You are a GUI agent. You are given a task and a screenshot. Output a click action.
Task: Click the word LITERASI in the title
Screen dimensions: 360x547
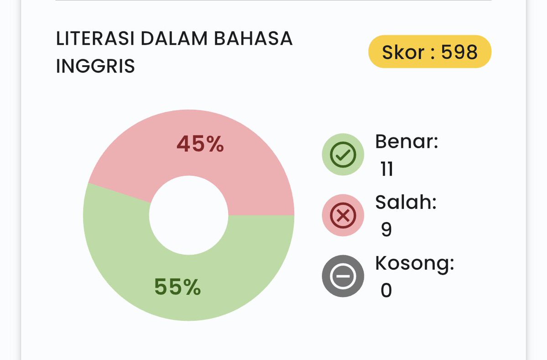pyautogui.click(x=95, y=39)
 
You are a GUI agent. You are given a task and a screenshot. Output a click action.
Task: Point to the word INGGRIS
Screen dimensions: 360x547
pyautogui.click(x=95, y=66)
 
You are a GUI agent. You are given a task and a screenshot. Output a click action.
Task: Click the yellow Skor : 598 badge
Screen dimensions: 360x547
pyautogui.click(x=429, y=52)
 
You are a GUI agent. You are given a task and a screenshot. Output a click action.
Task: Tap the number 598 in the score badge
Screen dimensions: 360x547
pyautogui.click(x=459, y=52)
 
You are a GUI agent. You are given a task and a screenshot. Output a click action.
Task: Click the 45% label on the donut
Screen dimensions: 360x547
pyautogui.click(x=200, y=145)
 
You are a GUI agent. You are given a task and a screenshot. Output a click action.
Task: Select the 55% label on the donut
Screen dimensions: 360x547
pyautogui.click(x=177, y=287)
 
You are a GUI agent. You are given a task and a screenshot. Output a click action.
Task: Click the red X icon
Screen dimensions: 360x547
pyautogui.click(x=343, y=215)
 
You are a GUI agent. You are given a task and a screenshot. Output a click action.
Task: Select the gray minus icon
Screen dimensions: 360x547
pyautogui.click(x=343, y=277)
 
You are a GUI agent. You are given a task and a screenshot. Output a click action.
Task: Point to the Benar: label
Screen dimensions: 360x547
pyautogui.click(x=406, y=141)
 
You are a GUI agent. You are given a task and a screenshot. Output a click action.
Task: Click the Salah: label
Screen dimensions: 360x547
pyautogui.click(x=406, y=202)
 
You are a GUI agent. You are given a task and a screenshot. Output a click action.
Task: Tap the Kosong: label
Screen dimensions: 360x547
pyautogui.click(x=415, y=263)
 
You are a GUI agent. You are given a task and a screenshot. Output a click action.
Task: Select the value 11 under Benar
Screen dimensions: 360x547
pyautogui.click(x=387, y=169)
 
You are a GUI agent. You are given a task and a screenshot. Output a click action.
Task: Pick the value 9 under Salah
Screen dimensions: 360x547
pyautogui.click(x=386, y=230)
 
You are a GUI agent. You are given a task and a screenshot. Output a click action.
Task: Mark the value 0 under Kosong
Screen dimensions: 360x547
pyautogui.click(x=386, y=291)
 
